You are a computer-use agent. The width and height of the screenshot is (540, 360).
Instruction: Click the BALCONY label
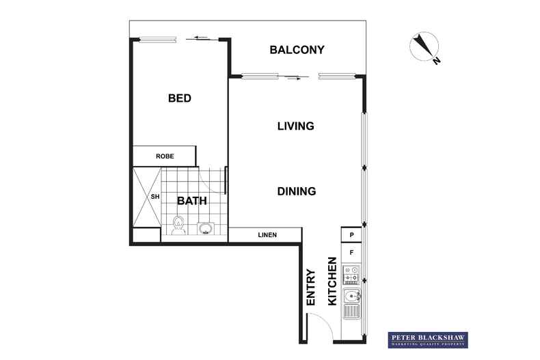coord(296,50)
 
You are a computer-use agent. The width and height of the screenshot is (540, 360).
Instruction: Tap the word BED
coord(179,98)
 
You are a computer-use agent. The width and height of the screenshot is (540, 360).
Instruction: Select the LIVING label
coord(295,126)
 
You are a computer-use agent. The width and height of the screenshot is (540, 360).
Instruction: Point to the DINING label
coord(296,191)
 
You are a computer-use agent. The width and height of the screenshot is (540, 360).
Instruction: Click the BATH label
coord(192,201)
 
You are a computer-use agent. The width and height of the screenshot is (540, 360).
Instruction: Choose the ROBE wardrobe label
coord(165,156)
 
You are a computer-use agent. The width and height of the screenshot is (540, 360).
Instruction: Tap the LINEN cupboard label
coord(267,236)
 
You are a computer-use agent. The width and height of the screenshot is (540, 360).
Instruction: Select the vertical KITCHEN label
coord(332,281)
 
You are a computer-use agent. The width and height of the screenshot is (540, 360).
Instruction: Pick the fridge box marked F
coord(351,253)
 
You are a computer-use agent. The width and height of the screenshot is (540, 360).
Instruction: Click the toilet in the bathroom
coord(180,224)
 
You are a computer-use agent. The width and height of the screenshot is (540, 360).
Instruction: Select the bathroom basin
coord(204,228)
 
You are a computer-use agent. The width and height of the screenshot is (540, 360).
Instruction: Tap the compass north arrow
coord(425,49)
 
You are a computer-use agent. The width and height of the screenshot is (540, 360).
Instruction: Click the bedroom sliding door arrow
coord(200,38)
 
